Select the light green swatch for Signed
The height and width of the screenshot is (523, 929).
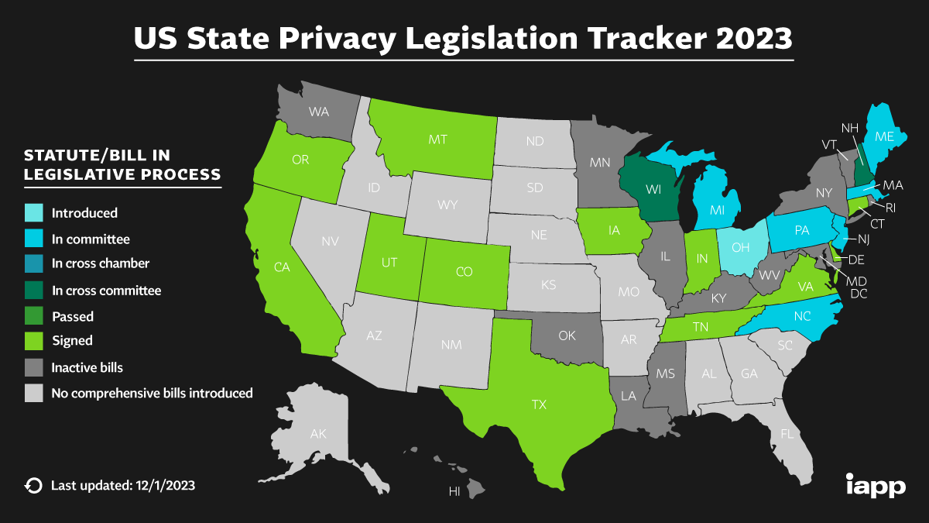33,340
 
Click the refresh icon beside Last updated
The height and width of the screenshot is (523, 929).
33,486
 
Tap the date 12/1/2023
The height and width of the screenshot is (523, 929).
164,486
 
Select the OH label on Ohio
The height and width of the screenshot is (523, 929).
741,247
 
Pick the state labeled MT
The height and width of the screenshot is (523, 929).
438,140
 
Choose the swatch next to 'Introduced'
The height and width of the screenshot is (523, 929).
33,213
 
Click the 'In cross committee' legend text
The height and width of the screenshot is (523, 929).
107,291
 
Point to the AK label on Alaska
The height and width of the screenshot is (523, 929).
318,433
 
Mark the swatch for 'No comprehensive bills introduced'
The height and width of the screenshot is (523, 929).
33,393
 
